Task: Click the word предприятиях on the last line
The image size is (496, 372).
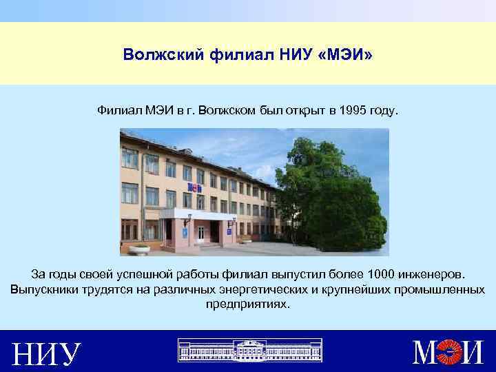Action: coord(248,304)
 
